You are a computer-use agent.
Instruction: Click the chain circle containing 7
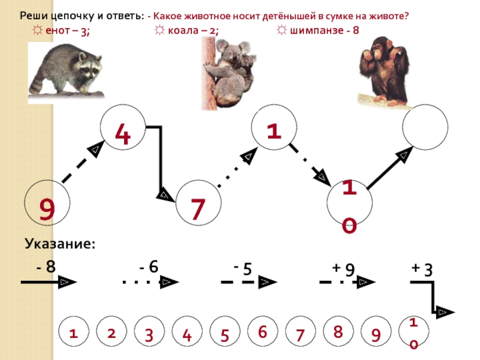point(199,204)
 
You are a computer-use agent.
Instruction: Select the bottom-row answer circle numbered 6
point(262,331)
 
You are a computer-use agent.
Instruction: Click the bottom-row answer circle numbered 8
point(338,331)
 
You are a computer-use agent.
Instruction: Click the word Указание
point(60,244)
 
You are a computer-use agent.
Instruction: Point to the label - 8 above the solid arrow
point(46,267)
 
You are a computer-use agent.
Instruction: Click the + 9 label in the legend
point(344,269)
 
